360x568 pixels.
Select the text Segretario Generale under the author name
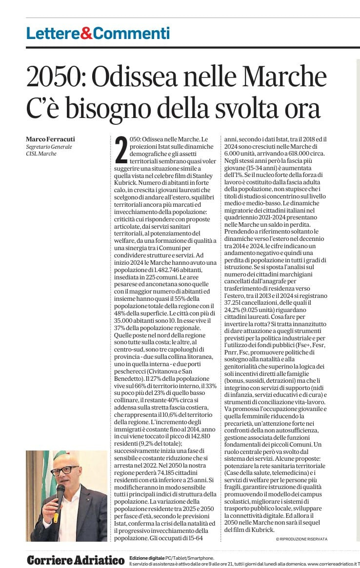click(49, 147)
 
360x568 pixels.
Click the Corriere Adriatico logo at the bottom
click(76, 560)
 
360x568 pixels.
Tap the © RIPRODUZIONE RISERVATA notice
click(301, 539)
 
